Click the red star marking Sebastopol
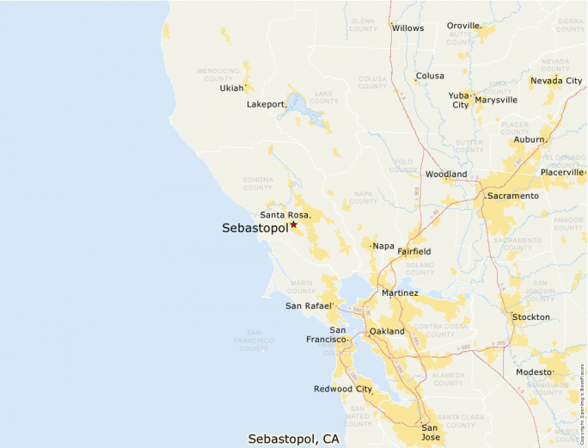[293, 224]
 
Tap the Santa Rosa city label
[285, 215]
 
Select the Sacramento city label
[513, 196]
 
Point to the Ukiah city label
[231, 88]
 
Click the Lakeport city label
[266, 104]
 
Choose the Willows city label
[407, 28]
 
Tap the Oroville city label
[463, 26]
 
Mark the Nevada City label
[555, 81]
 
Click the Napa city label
[383, 246]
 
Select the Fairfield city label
[413, 252]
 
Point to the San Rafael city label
[309, 306]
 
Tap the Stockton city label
[530, 317]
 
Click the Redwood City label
[343, 390]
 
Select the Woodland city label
[446, 175]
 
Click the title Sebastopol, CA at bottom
[293, 439]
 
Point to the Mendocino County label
[218, 73]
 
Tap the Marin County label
[301, 286]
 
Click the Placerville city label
[561, 172]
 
